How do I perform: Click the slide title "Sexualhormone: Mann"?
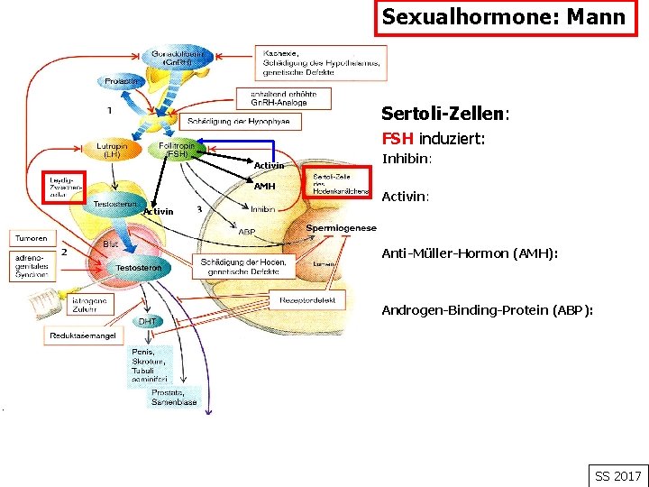[x=503, y=17]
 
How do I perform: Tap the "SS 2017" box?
[x=617, y=475]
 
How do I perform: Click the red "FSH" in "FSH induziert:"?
[x=398, y=139]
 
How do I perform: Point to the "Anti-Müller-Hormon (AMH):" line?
[x=470, y=253]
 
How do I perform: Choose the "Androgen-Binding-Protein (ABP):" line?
[x=487, y=310]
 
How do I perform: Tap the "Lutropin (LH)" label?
[x=113, y=150]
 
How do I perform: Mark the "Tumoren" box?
[x=30, y=239]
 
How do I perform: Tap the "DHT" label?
[x=146, y=322]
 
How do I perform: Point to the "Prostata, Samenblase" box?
[x=174, y=397]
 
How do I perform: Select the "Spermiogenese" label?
[x=341, y=228]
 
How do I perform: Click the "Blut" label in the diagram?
[x=110, y=244]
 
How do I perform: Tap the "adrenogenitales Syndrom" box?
[x=32, y=266]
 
